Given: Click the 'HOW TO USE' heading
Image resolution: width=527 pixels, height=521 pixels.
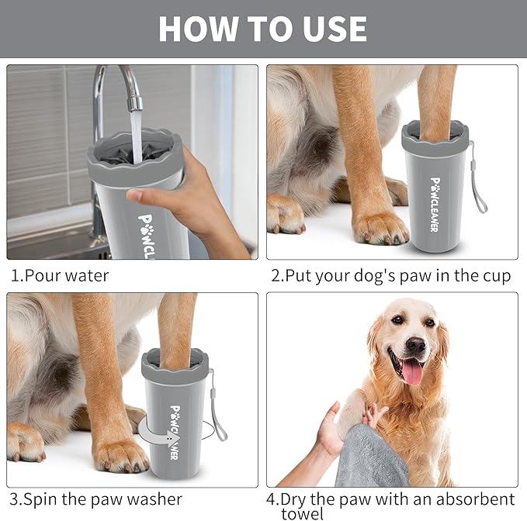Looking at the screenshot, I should (x=262, y=29).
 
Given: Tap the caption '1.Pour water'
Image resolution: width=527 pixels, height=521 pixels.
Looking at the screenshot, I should (x=60, y=276).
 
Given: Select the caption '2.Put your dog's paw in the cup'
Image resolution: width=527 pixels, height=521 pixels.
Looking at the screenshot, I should (x=390, y=276).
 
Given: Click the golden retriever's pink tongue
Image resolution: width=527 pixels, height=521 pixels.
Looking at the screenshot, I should (x=411, y=371).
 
